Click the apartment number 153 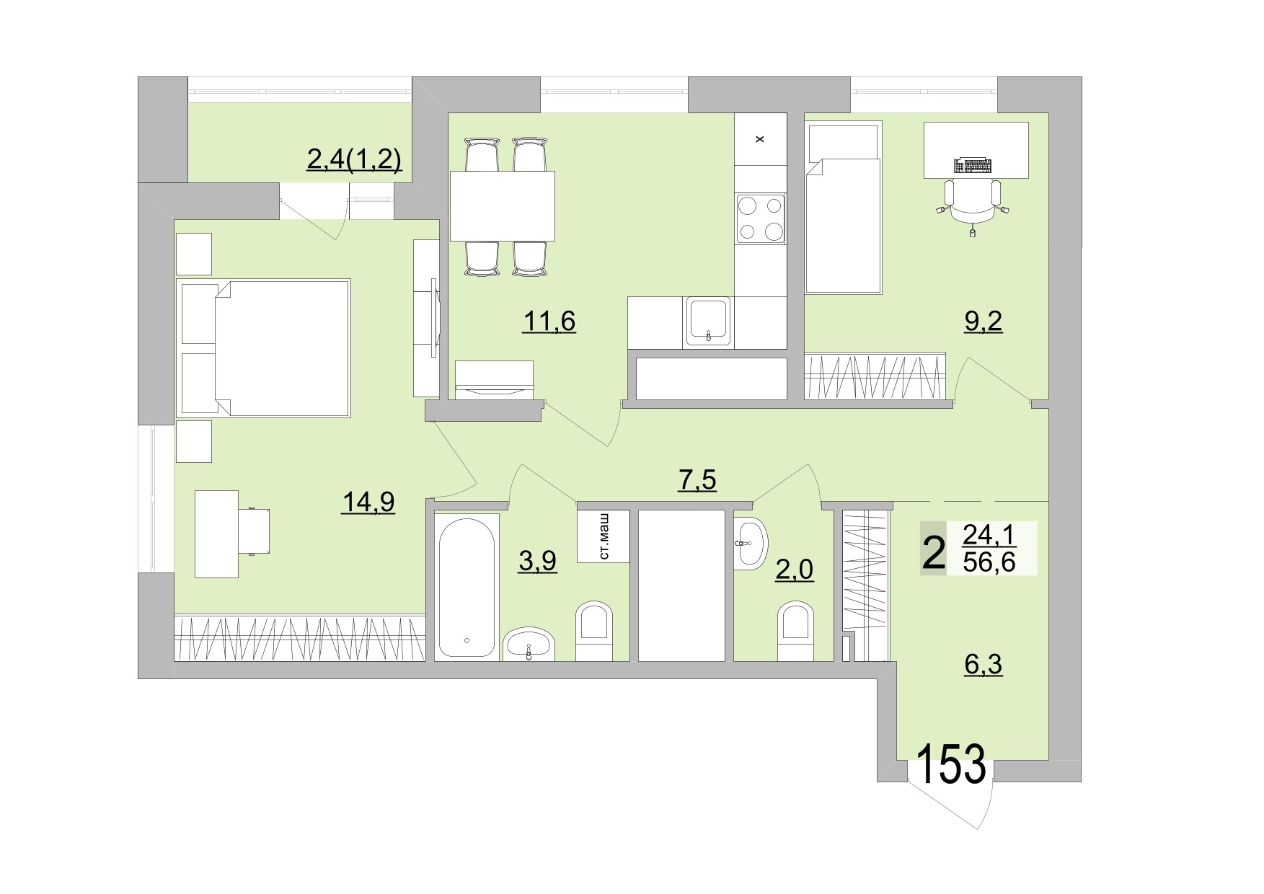(951, 765)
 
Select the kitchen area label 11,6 (549, 321)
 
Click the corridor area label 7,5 (697, 479)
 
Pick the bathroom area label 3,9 (537, 560)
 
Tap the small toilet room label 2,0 (795, 570)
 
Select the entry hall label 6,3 (984, 664)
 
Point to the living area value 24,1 (989, 535)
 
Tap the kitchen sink (709, 320)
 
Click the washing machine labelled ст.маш (604, 536)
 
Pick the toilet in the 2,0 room (796, 630)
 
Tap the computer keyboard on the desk (972, 165)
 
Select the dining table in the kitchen (503, 205)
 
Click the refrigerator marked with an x (760, 139)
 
